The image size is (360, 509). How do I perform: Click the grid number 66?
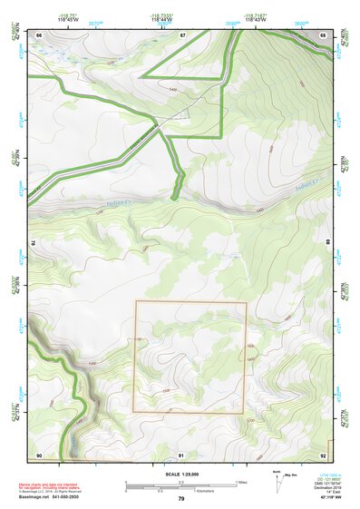click(x=39, y=34)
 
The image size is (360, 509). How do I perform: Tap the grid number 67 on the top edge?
click(x=181, y=34)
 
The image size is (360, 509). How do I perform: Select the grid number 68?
click(x=324, y=34)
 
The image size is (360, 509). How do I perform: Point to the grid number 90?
click(x=39, y=453)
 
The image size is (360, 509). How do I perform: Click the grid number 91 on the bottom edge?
click(x=181, y=454)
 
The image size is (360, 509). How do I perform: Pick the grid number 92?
click(x=324, y=453)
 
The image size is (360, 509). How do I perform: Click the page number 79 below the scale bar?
click(x=181, y=499)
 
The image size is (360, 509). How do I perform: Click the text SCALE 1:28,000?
click(x=181, y=474)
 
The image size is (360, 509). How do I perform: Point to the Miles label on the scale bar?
click(x=242, y=481)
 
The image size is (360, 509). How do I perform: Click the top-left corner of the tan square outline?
click(x=136, y=301)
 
